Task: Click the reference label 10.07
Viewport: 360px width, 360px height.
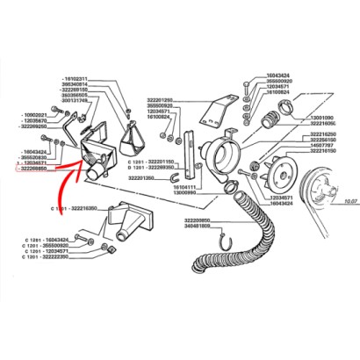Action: click(349, 200)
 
